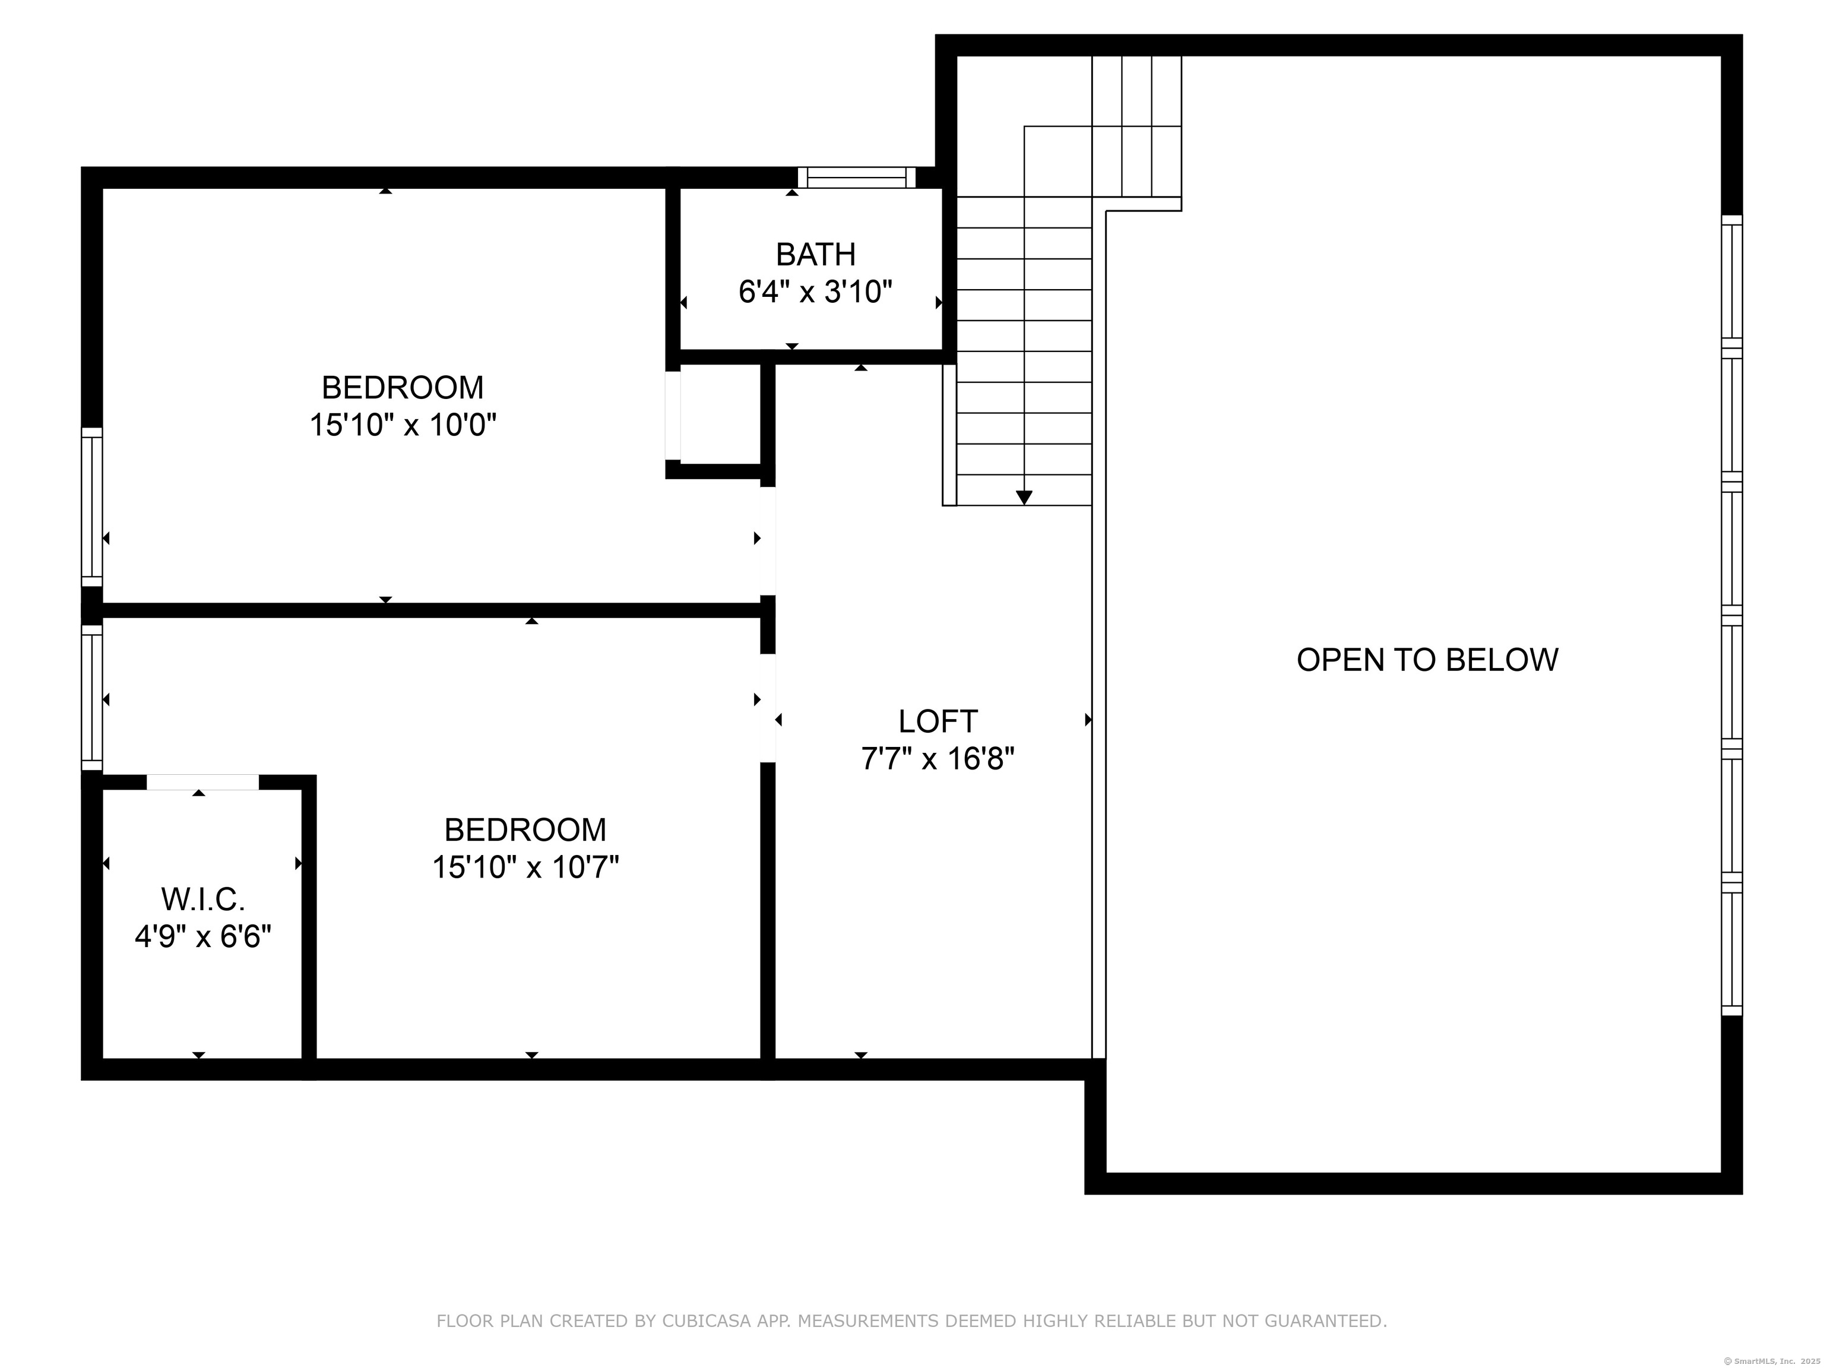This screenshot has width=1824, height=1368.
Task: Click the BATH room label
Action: point(816,255)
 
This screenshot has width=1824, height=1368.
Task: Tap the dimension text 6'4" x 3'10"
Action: point(816,292)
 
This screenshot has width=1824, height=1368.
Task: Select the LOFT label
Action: point(938,721)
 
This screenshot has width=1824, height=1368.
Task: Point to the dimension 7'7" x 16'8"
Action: point(938,759)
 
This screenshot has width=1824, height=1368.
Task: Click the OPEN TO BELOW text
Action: point(1427,660)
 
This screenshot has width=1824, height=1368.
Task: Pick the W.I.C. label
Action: point(203,899)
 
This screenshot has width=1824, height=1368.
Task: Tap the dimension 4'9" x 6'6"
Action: point(203,937)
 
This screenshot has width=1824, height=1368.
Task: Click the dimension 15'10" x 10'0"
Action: point(403,426)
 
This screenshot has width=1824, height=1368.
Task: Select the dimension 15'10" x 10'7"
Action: point(525,867)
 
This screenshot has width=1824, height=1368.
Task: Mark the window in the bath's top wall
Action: point(857,178)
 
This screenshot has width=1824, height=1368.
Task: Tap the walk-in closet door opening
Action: point(203,783)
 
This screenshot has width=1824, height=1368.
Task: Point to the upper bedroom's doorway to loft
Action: point(768,540)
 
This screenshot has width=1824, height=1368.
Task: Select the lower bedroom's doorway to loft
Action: point(768,708)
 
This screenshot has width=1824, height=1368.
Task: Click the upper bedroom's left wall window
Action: point(91,506)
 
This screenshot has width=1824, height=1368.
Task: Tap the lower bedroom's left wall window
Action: point(91,698)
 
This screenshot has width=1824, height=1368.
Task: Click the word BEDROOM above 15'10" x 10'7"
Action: point(525,829)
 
